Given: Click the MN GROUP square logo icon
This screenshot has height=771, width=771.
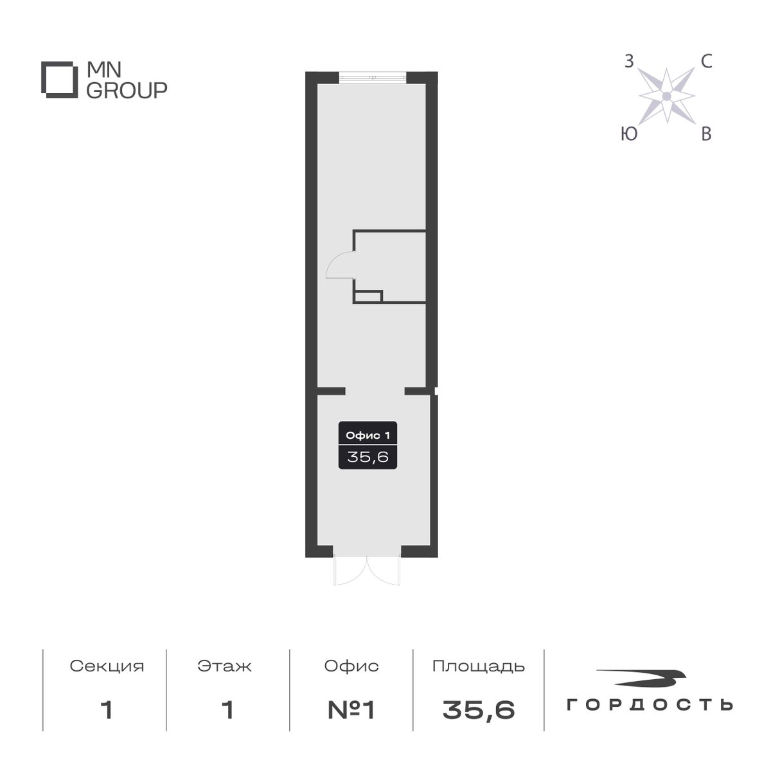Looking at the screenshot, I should [x=60, y=80].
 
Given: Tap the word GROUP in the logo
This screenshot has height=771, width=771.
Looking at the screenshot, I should [x=127, y=91].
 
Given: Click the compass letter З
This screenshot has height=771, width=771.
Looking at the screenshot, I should [x=630, y=62].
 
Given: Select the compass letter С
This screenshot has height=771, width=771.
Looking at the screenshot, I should [x=705, y=62].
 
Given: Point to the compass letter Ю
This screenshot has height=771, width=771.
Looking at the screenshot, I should [x=630, y=134].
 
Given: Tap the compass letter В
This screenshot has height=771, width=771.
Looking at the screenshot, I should [x=705, y=134].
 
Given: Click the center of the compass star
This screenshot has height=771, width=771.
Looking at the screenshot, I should [x=667, y=96].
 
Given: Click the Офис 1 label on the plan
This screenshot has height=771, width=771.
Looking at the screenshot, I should [x=368, y=435].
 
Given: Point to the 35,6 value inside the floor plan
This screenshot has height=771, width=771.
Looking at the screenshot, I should [x=368, y=457].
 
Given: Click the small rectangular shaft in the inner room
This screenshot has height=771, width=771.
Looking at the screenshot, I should [x=368, y=296].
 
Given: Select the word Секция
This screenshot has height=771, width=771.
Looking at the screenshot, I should [x=107, y=666].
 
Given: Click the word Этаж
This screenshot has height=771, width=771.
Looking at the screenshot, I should [x=225, y=666].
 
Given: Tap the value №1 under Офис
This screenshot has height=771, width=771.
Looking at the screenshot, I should [x=351, y=710].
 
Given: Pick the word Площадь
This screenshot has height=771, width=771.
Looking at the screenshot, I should [x=479, y=666].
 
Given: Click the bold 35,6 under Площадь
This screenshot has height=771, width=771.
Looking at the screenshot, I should [x=479, y=710].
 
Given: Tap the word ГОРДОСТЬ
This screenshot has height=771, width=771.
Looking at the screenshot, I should [x=650, y=705].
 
